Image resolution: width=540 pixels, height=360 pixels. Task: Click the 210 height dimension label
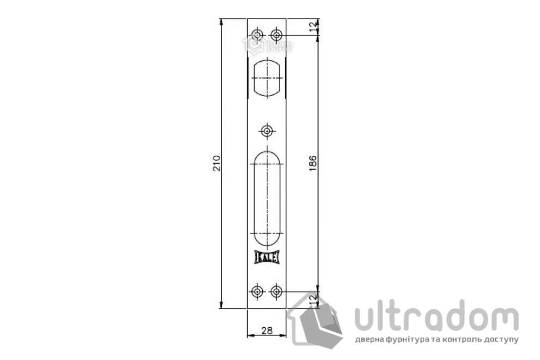coord(217,164)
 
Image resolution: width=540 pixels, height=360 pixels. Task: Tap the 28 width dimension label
coord(267,331)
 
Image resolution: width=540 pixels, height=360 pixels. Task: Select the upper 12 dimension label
coord(313,27)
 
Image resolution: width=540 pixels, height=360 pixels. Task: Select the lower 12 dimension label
coord(313,299)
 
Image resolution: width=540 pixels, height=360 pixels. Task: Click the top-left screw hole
coord(257,36)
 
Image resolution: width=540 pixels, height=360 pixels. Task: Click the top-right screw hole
coord(277,36)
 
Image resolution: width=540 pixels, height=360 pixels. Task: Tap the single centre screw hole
coord(267,131)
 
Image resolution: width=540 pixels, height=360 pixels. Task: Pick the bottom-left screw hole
coord(257,291)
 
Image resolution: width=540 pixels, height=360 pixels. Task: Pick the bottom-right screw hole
coord(277,291)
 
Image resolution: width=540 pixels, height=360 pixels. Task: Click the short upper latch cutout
coord(267,78)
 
